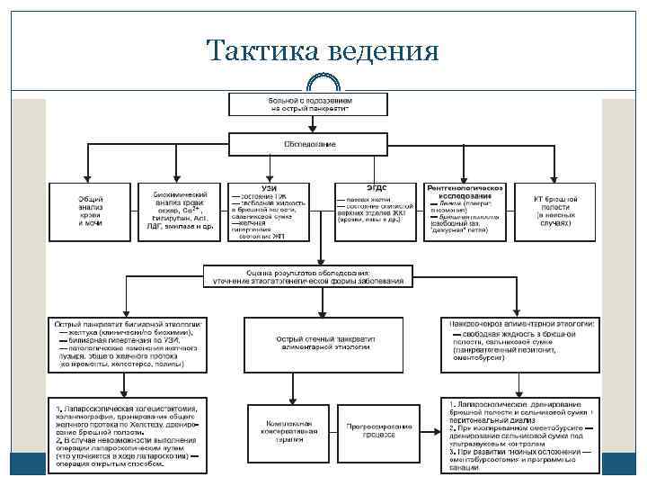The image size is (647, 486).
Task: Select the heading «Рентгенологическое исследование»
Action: coord(466,191)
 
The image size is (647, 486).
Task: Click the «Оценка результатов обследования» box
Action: coord(308,276)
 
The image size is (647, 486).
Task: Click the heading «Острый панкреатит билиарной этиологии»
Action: coord(130,322)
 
